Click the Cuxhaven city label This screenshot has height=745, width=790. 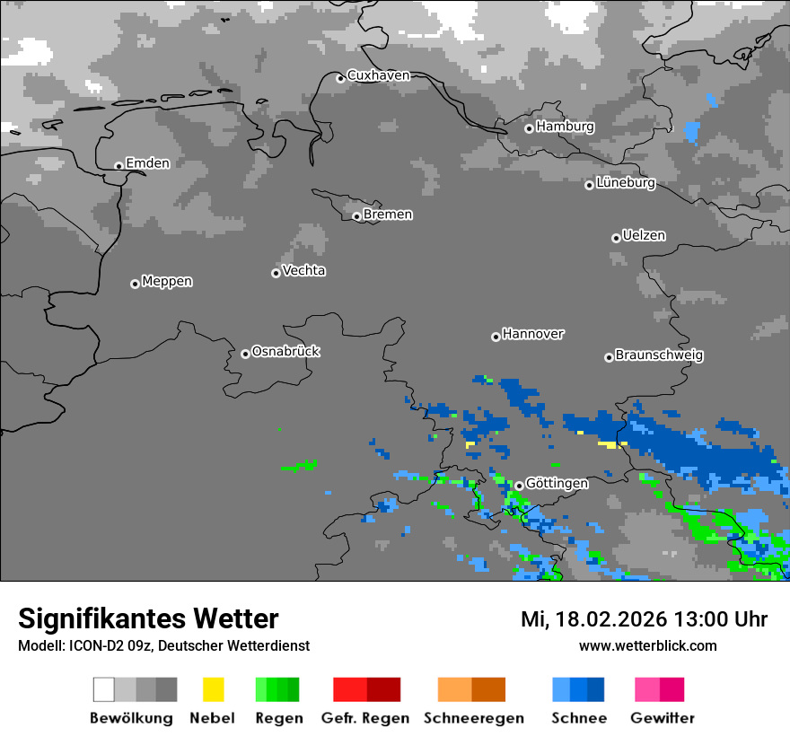[x=378, y=75]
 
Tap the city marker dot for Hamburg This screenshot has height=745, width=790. [x=529, y=128]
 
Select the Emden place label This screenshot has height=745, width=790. [x=147, y=163]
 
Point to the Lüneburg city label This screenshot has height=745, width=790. [x=626, y=183]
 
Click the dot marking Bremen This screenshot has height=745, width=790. [x=356, y=216]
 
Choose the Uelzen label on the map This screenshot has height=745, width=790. [x=644, y=236]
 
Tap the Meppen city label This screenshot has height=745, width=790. [x=167, y=282]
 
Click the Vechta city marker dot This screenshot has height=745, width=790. [x=276, y=273]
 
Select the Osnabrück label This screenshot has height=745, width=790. [x=285, y=352]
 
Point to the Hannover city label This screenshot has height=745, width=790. [x=533, y=334]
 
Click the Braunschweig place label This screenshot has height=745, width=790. [x=659, y=355]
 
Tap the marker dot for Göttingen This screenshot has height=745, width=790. [x=519, y=486]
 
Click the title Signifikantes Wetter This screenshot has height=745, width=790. [x=148, y=618]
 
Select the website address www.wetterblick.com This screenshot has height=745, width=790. [x=647, y=646]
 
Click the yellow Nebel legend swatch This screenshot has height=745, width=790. [x=213, y=689]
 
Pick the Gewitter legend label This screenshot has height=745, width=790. [x=662, y=718]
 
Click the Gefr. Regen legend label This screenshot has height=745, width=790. [x=364, y=718]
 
